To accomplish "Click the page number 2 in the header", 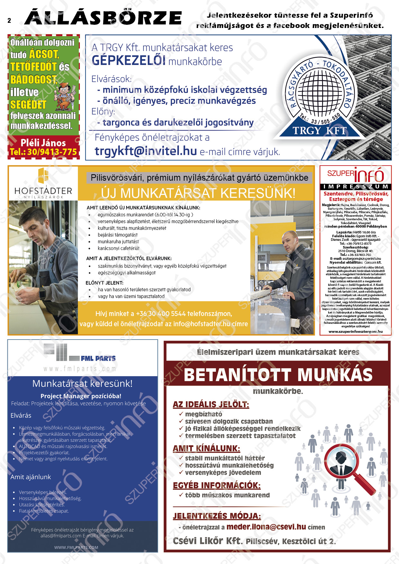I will pyautogui.click(x=9, y=21).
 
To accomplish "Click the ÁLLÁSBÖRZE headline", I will pyautogui.click(x=103, y=18).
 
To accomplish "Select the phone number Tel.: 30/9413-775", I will pyautogui.click(x=43, y=152).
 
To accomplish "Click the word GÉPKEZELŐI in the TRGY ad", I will pyautogui.click(x=128, y=60).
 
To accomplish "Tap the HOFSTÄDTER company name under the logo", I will pyautogui.click(x=43, y=191).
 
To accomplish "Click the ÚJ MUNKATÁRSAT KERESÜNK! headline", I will pyautogui.click(x=198, y=193).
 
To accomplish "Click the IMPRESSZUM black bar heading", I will pyautogui.click(x=355, y=186).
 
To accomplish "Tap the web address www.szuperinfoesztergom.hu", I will pyautogui.click(x=355, y=331).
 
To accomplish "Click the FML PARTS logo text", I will pyautogui.click(x=98, y=358).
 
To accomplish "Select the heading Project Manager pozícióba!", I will pyautogui.click(x=81, y=396).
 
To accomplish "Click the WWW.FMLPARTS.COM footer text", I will pyautogui.click(x=76, y=547).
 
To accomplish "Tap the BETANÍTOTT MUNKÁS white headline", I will pyautogui.click(x=278, y=375).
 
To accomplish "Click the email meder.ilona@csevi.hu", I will pyautogui.click(x=266, y=527).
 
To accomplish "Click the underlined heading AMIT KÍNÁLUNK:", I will pyautogui.click(x=206, y=448).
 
